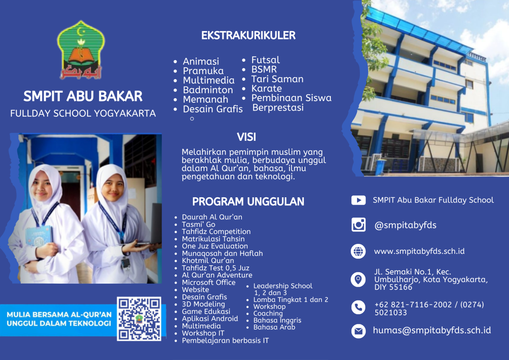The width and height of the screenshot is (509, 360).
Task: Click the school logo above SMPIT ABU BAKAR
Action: tap(81, 50)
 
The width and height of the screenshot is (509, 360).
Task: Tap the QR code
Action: tap(139, 319)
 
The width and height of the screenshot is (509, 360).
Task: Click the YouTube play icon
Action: tap(358, 200)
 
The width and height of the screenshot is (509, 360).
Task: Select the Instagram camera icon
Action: tap(358, 224)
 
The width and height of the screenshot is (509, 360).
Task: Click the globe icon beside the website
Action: tap(358, 251)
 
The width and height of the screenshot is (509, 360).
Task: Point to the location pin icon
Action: tap(358, 279)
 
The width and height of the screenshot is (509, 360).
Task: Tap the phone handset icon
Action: tap(358, 307)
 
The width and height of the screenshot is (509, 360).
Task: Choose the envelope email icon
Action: tap(358, 331)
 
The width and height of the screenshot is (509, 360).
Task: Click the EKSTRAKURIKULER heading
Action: tap(249, 35)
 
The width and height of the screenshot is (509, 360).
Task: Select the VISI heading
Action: tap(247, 137)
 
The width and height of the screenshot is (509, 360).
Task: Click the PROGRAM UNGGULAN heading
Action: tap(248, 202)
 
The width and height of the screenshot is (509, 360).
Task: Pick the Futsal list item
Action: tap(265, 60)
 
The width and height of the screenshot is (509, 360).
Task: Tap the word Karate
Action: tap(266, 88)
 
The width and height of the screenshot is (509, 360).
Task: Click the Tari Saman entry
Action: tap(277, 79)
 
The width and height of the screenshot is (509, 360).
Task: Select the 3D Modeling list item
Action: tap(203, 304)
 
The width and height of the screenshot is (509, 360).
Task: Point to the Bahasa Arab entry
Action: tap(274, 327)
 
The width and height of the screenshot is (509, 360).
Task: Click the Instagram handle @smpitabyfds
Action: tap(405, 225)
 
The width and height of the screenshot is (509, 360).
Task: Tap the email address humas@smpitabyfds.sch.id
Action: tap(432, 330)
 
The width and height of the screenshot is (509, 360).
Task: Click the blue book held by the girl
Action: tap(39, 237)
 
